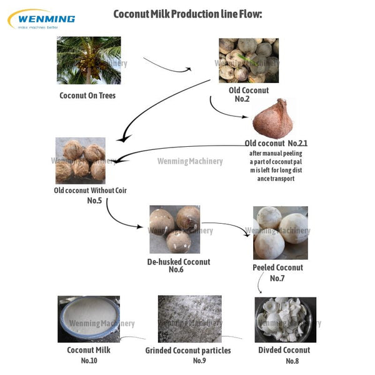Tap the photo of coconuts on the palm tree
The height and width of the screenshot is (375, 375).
tap(89, 60)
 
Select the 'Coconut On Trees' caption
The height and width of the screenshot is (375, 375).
tap(87, 96)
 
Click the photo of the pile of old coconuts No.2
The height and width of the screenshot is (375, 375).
tap(249, 61)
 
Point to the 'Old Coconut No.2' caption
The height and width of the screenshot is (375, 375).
tap(249, 94)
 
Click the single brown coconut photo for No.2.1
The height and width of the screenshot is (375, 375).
tap(274, 118)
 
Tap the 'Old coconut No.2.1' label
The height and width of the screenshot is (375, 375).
tap(276, 143)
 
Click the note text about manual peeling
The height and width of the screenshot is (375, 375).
tap(276, 166)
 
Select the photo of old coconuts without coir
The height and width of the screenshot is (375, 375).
tap(80, 161)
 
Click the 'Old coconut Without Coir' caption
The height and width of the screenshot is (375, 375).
tap(91, 191)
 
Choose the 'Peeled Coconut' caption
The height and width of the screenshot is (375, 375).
tap(277, 267)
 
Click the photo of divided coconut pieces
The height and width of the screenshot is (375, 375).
tap(286, 319)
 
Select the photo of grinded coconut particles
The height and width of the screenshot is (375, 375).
tap(189, 318)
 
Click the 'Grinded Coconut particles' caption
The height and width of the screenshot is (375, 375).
tap(188, 351)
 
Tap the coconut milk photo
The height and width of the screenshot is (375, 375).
tap(89, 319)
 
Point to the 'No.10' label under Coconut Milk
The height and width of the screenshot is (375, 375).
tap(89, 361)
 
